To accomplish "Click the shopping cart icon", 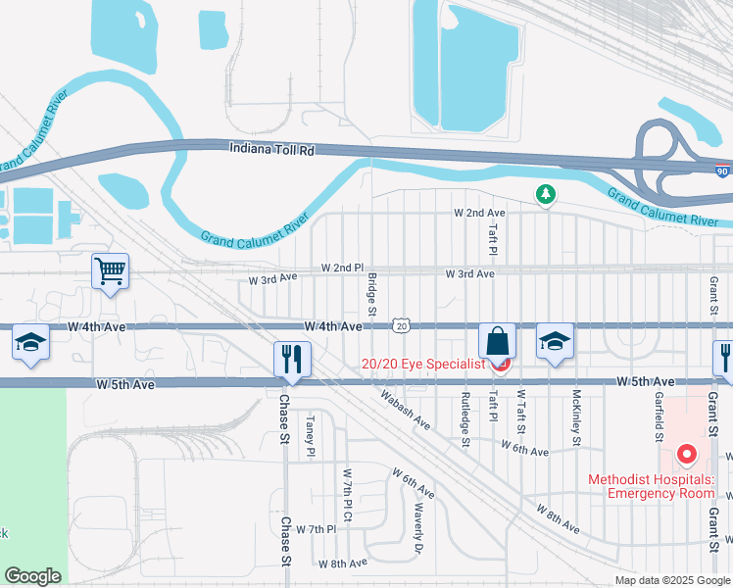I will click(x=110, y=271).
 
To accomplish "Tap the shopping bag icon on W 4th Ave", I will click(x=497, y=342).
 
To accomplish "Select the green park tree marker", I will click(x=545, y=196).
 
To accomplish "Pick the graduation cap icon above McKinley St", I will click(x=555, y=343).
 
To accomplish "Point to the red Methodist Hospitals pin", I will click(x=686, y=455).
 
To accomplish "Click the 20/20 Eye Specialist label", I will click(x=423, y=364).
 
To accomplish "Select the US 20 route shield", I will click(x=400, y=324).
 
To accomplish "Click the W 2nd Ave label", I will click(x=479, y=213).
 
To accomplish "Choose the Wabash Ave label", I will click(x=406, y=411).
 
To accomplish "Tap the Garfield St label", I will click(x=659, y=418).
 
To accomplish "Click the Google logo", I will click(x=32, y=576).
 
